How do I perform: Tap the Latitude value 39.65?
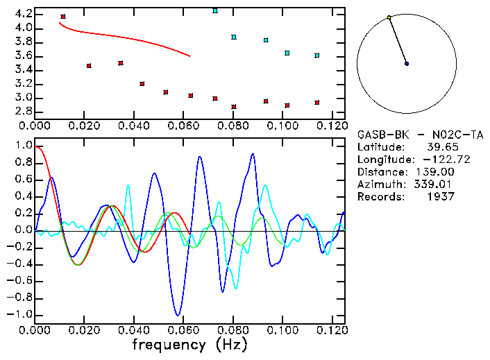pyautogui.click(x=441, y=147)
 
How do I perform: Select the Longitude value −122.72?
pyautogui.click(x=437, y=160)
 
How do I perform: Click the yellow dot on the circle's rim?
pyautogui.click(x=389, y=17)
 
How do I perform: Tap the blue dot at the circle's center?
pyautogui.click(x=407, y=64)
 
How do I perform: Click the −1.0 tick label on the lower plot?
pyautogui.click(x=21, y=314)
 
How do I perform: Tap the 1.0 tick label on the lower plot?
pyautogui.click(x=24, y=146)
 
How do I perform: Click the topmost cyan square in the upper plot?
pyautogui.click(x=215, y=11)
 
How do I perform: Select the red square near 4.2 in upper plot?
pyautogui.click(x=63, y=16)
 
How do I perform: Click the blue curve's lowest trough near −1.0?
pyautogui.click(x=178, y=315)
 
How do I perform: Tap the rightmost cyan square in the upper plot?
pyautogui.click(x=316, y=55)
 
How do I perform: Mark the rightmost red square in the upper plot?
pyautogui.click(x=316, y=103)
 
